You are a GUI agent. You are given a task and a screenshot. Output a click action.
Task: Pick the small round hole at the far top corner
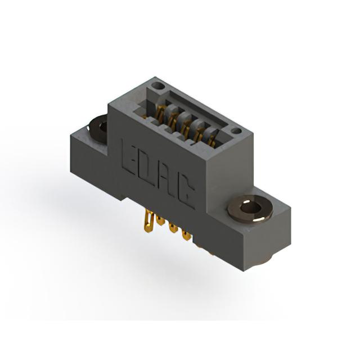pyautogui.click(x=159, y=86)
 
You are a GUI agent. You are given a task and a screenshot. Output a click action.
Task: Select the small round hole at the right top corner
pyautogui.click(x=236, y=131)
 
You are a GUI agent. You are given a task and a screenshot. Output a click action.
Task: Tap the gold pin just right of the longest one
pyautogui.click(x=160, y=220)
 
